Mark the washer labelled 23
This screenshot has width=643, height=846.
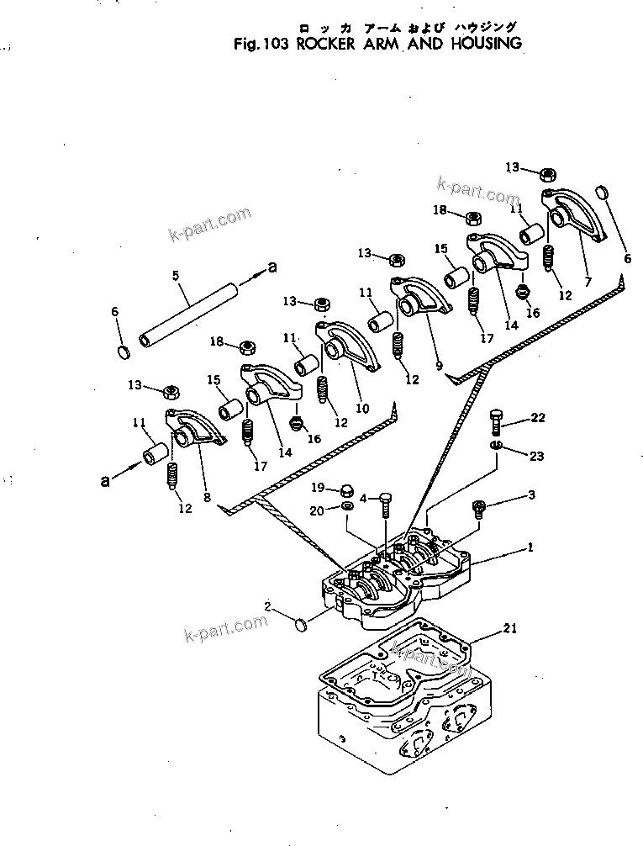click(497, 445)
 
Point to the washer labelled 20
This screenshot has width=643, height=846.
click(346, 507)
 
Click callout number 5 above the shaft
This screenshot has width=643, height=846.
click(175, 275)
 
